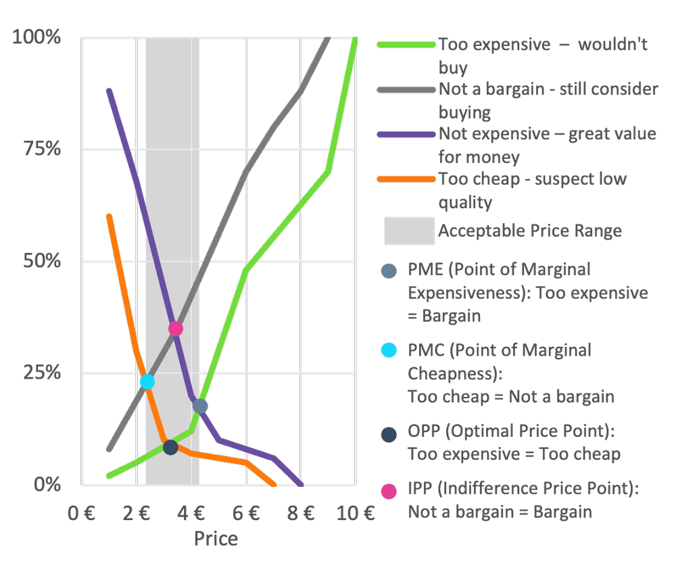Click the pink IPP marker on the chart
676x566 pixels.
click(x=176, y=329)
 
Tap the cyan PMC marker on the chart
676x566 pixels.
click(x=147, y=381)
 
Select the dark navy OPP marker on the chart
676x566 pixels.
click(x=171, y=448)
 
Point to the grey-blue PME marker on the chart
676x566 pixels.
click(x=200, y=406)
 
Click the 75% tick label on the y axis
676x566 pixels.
click(x=42, y=149)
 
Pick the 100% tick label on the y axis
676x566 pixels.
click(x=37, y=37)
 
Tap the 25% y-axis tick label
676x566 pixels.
click(x=42, y=373)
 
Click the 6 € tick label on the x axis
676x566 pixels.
click(x=246, y=513)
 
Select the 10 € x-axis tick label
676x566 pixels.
click(x=356, y=513)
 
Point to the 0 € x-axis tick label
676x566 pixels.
click(x=81, y=513)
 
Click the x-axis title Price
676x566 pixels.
click(x=216, y=539)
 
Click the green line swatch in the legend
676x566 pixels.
click(x=406, y=45)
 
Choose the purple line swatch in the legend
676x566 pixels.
click(x=406, y=134)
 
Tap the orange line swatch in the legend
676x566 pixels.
click(x=406, y=179)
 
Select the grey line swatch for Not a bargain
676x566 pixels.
click(x=406, y=90)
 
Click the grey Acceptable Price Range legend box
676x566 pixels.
click(x=409, y=231)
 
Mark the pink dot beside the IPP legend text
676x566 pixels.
click(x=389, y=492)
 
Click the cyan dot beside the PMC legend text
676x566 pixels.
click(x=389, y=350)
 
